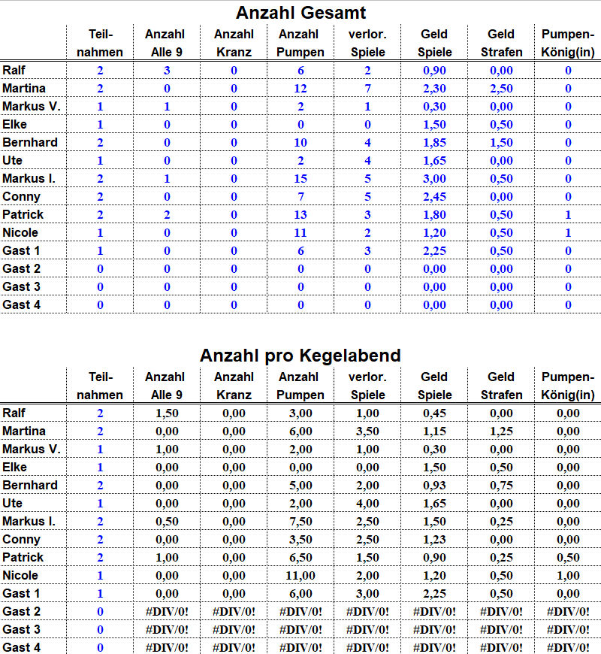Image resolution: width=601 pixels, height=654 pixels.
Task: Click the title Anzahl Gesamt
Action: point(300,13)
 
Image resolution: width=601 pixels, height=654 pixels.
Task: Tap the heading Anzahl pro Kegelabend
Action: point(300,356)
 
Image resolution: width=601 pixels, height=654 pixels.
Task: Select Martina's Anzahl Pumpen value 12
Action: point(301,88)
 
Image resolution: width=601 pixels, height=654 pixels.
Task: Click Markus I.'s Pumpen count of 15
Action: point(301,178)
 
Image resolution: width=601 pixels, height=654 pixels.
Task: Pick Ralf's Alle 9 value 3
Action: point(167,70)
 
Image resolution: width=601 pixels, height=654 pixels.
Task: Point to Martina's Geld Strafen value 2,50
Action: point(501,88)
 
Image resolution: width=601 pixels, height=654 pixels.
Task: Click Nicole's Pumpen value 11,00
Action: point(301,575)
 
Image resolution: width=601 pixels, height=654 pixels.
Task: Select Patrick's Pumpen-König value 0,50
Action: point(568,557)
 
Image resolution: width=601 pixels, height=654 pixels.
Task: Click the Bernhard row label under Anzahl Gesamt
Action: point(30,142)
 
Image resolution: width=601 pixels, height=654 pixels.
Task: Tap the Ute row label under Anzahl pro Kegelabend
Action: point(13,503)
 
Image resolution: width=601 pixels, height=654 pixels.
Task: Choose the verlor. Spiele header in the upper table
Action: point(367,43)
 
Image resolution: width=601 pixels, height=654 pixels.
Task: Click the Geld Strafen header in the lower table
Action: point(501,386)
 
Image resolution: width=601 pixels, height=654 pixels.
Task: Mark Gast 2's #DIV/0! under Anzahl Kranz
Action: point(234,611)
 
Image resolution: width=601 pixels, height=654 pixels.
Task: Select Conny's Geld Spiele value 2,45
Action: point(435,196)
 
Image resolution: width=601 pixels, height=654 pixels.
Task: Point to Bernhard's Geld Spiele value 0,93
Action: point(435,485)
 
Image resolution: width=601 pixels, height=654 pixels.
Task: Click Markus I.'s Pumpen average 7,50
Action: point(301,521)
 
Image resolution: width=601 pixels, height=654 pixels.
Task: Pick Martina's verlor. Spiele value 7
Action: point(367,88)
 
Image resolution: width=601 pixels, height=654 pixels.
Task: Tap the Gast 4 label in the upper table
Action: point(22,304)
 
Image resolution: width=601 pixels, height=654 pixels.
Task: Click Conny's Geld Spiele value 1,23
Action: point(435,539)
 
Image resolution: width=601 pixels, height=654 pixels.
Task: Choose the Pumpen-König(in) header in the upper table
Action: point(568,43)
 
